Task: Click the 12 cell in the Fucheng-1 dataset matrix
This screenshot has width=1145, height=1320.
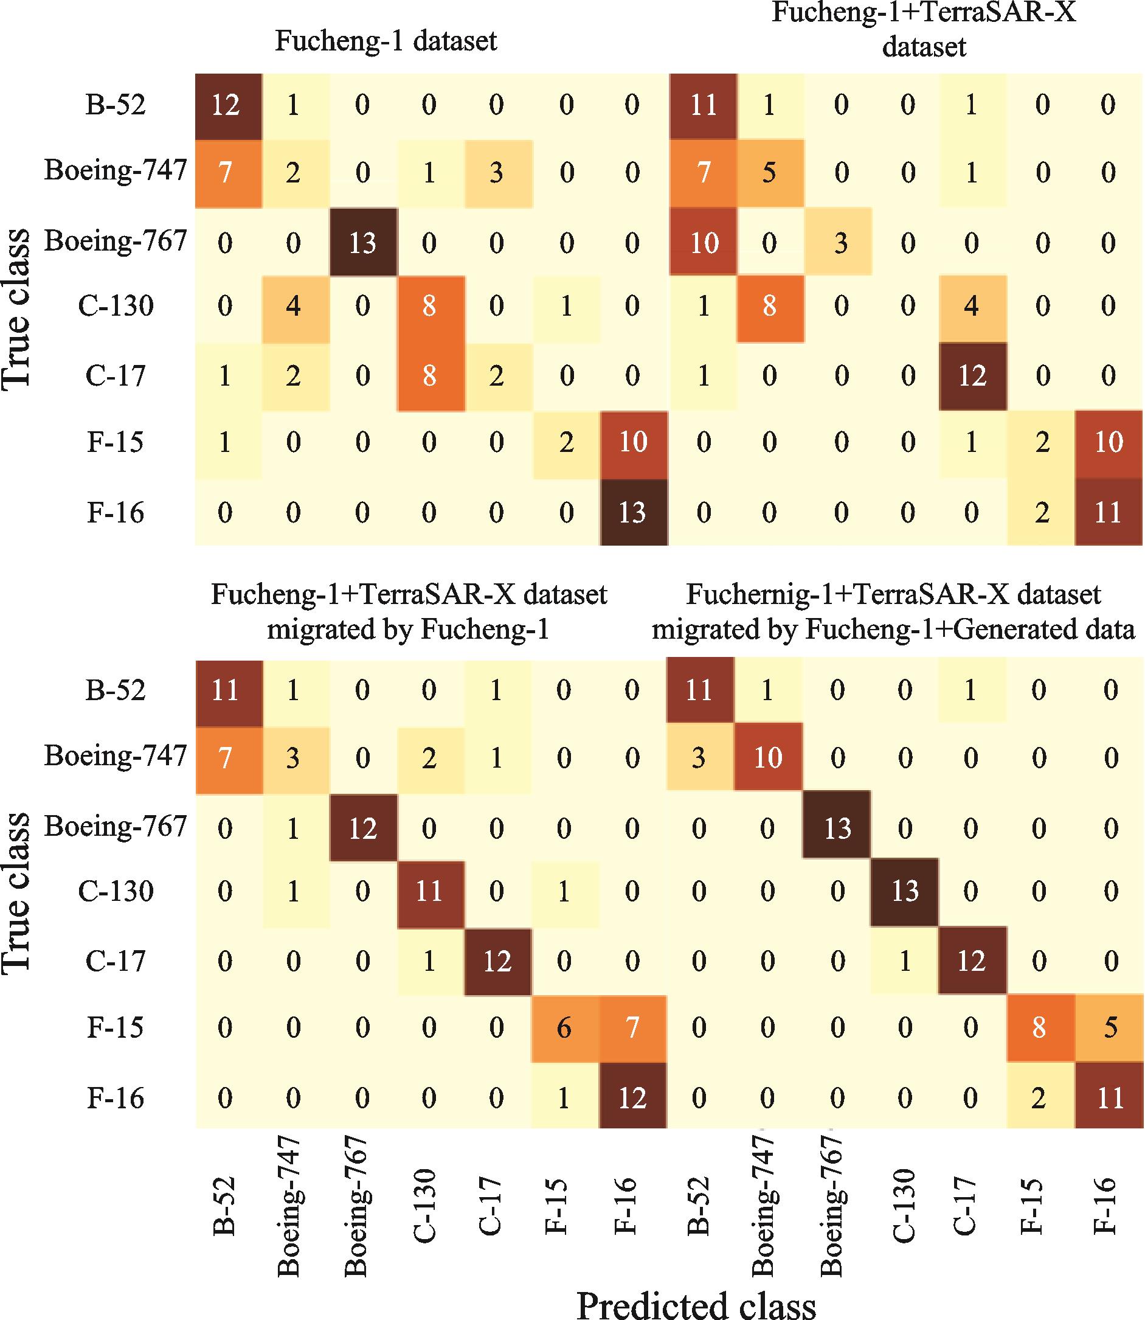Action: [226, 105]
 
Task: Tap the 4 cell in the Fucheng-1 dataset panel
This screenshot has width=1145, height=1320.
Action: [293, 307]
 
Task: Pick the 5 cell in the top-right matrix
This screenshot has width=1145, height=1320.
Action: [769, 173]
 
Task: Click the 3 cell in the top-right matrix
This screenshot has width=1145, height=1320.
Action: [840, 243]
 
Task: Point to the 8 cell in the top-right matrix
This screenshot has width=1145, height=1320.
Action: [769, 307]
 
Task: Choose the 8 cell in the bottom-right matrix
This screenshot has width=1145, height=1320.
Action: [1039, 1029]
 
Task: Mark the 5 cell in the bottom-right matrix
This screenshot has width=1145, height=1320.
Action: [1110, 1029]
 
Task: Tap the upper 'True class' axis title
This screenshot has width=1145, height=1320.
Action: [17, 307]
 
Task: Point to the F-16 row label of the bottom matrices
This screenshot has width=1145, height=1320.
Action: [116, 1099]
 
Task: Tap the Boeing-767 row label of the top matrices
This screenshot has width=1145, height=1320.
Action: [116, 242]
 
